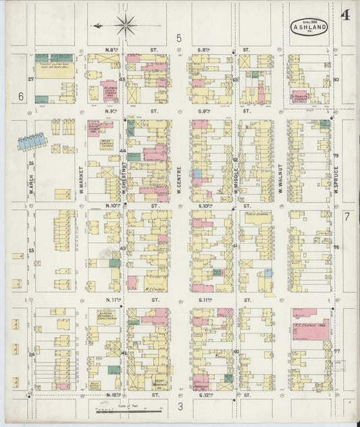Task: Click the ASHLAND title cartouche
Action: tap(309, 28)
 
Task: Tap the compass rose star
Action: tap(125, 26)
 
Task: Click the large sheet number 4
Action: tap(345, 15)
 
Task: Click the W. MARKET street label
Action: tap(80, 178)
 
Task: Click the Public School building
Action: tap(257, 216)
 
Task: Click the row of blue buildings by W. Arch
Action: tap(32, 141)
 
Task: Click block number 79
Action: tap(335, 155)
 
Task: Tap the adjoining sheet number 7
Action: tap(346, 216)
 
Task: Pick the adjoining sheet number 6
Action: tap(21, 97)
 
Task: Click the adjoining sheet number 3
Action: tap(180, 406)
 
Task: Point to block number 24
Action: tap(31, 354)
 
